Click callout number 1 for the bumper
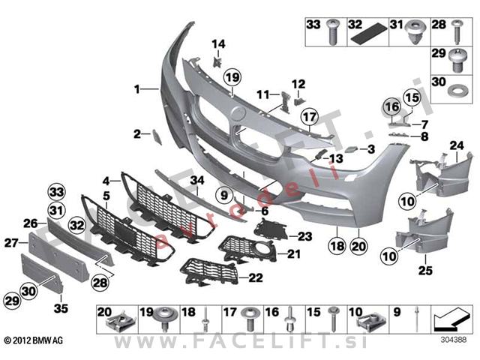coord(137,90)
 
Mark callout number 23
coord(304,235)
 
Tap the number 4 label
coord(106,180)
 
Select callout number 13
coord(334,158)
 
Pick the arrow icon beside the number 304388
coord(449,321)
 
